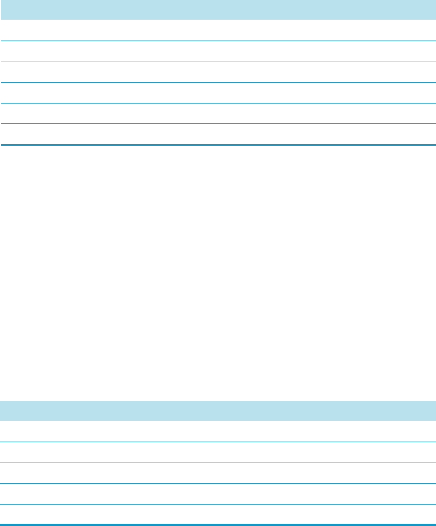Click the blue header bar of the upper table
(218, 10)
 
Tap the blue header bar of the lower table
(218, 410)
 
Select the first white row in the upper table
(218, 31)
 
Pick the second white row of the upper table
(218, 51)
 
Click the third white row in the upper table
(218, 72)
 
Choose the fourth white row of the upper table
(218, 93)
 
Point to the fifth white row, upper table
(218, 113)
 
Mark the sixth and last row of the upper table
(218, 134)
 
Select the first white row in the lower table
(218, 431)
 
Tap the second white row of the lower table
(218, 452)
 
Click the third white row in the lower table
(218, 473)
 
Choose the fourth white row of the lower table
(218, 494)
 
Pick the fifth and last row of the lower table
(218, 514)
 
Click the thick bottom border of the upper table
(218, 145)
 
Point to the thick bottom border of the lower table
(218, 525)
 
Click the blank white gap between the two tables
(218, 274)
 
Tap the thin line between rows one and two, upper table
(218, 41)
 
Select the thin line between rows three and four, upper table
(218, 82)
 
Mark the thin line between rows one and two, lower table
(218, 442)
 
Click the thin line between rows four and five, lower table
(218, 504)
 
